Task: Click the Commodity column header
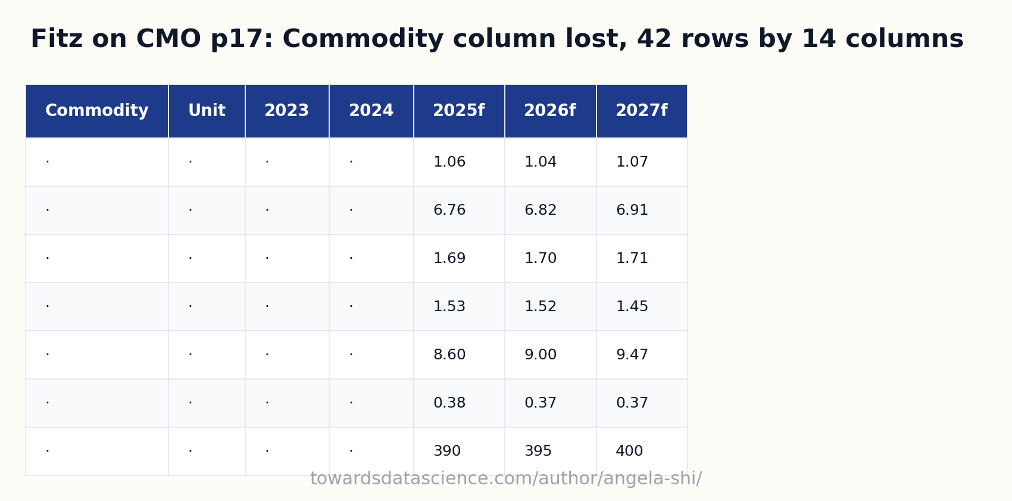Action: [96, 111]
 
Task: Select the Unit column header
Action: [207, 111]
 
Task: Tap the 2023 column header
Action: [286, 111]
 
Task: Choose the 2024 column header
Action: [371, 111]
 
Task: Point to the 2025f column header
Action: [458, 111]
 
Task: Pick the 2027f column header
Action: [642, 111]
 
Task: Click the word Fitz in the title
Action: [57, 39]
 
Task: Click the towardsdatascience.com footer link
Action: [506, 478]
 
